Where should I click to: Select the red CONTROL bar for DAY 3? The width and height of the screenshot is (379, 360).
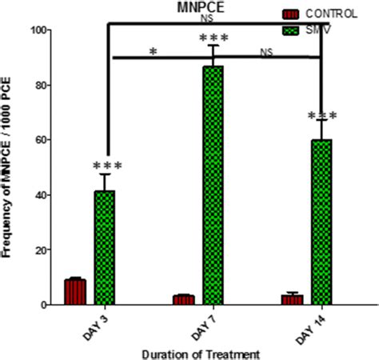pyautogui.click(x=75, y=292)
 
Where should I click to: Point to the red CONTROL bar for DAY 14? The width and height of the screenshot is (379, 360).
pyautogui.click(x=292, y=299)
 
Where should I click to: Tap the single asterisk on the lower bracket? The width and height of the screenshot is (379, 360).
pyautogui.click(x=153, y=51)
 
